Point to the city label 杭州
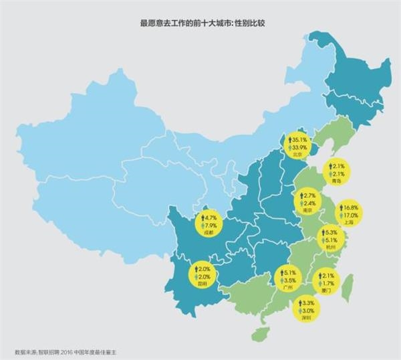click(329, 247)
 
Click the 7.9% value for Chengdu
click(210, 226)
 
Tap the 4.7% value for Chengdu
click(209, 218)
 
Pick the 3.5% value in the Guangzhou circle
click(289, 281)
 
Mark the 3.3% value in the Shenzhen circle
click(308, 303)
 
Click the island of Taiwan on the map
click(349, 288)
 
